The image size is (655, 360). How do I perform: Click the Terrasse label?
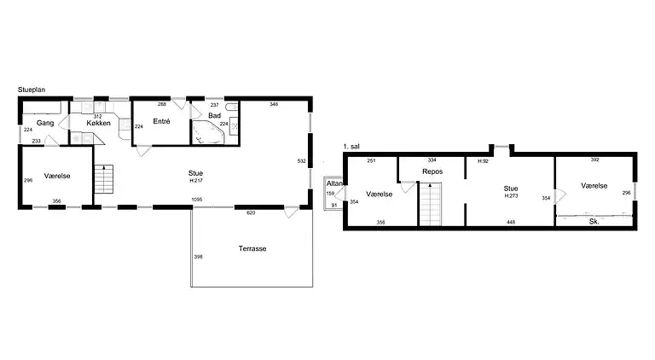click(252, 248)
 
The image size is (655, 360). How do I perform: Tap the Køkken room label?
click(99, 123)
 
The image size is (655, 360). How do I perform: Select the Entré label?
click(162, 121)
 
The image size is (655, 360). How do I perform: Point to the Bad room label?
click(214, 116)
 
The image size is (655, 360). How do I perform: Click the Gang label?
click(45, 123)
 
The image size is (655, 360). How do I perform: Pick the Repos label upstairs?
click(432, 171)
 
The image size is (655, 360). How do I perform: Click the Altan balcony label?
click(334, 183)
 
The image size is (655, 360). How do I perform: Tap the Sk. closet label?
click(594, 222)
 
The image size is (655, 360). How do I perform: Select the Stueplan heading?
click(32, 90)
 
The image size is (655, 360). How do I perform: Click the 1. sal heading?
click(351, 147)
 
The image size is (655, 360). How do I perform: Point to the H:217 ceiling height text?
click(196, 181)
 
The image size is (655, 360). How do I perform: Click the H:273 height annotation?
click(511, 196)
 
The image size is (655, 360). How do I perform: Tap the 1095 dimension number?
click(197, 200)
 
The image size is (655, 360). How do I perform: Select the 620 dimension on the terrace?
click(251, 213)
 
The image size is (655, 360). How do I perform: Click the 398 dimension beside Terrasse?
click(198, 257)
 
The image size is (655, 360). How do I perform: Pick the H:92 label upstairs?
click(484, 161)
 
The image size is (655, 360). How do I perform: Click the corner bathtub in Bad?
click(208, 132)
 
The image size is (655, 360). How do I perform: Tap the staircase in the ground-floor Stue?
click(103, 179)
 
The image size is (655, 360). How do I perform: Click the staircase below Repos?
click(430, 204)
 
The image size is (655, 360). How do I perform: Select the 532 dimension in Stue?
click(302, 161)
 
